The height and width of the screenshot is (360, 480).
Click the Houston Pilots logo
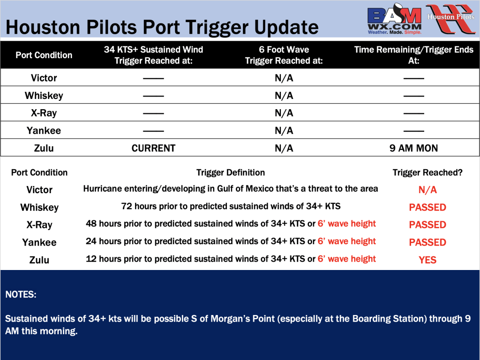pyautogui.click(x=450, y=19)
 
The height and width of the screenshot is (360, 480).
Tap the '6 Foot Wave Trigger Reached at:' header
pyautogui.click(x=284, y=55)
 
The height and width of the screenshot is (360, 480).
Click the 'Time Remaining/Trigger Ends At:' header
pyautogui.click(x=413, y=55)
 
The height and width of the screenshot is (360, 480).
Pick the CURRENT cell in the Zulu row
pyautogui.click(x=153, y=148)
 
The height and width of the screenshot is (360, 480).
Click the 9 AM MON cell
pyautogui.click(x=413, y=148)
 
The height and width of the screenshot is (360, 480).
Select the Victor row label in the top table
pyautogui.click(x=44, y=78)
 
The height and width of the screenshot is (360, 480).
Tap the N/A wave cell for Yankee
pyautogui.click(x=284, y=131)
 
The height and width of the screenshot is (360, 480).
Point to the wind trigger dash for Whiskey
pyautogui.click(x=153, y=96)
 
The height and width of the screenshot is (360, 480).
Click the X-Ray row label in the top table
pyautogui.click(x=44, y=113)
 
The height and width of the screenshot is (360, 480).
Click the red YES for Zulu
pyautogui.click(x=427, y=260)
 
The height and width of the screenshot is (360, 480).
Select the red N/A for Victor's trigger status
pyautogui.click(x=427, y=190)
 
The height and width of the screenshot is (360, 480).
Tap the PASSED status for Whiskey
pyautogui.click(x=427, y=207)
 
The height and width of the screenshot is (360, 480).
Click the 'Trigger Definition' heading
pyautogui.click(x=231, y=172)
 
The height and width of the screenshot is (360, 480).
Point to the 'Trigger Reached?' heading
pyautogui.click(x=427, y=172)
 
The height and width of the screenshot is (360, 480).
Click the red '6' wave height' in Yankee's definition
pyautogui.click(x=346, y=241)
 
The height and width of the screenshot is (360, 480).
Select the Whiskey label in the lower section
pyautogui.click(x=39, y=208)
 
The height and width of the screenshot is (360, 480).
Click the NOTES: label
pyautogui.click(x=21, y=294)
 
